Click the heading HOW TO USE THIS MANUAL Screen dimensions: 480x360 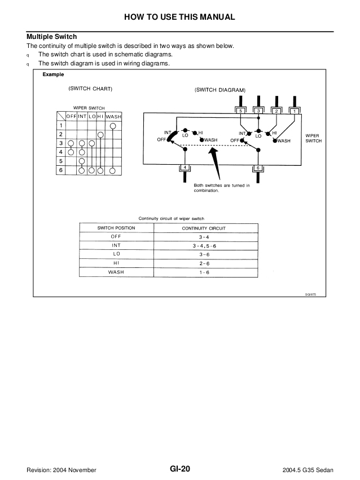click(179, 17)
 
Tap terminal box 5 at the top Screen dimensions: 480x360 click(240, 111)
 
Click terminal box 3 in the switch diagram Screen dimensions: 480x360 click(258, 111)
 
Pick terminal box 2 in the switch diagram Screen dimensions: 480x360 click(276, 111)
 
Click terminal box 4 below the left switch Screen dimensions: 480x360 click(185, 168)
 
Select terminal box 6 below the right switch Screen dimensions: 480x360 click(258, 168)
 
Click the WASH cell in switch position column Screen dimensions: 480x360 click(116, 272)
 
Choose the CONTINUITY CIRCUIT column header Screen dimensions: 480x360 click(204, 228)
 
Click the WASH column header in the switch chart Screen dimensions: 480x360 click(113, 117)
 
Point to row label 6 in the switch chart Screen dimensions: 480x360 click(60, 170)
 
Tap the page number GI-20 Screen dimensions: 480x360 click(180, 469)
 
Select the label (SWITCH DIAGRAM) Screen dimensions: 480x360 click(220, 90)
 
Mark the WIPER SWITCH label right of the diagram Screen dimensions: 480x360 click(313, 138)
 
